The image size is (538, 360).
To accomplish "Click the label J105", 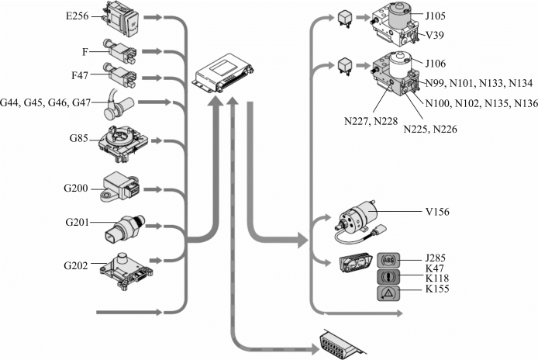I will pos(437,15).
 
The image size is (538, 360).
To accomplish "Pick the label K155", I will pos(439,289).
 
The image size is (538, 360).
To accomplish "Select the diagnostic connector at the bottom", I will pos(340,344).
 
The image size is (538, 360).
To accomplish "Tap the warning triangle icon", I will pos(389,292).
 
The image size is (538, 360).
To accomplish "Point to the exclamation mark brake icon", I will pos(389,276).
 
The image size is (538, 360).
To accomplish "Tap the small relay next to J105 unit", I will pos(342,17).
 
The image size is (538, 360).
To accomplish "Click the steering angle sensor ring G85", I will pos(121,140).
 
